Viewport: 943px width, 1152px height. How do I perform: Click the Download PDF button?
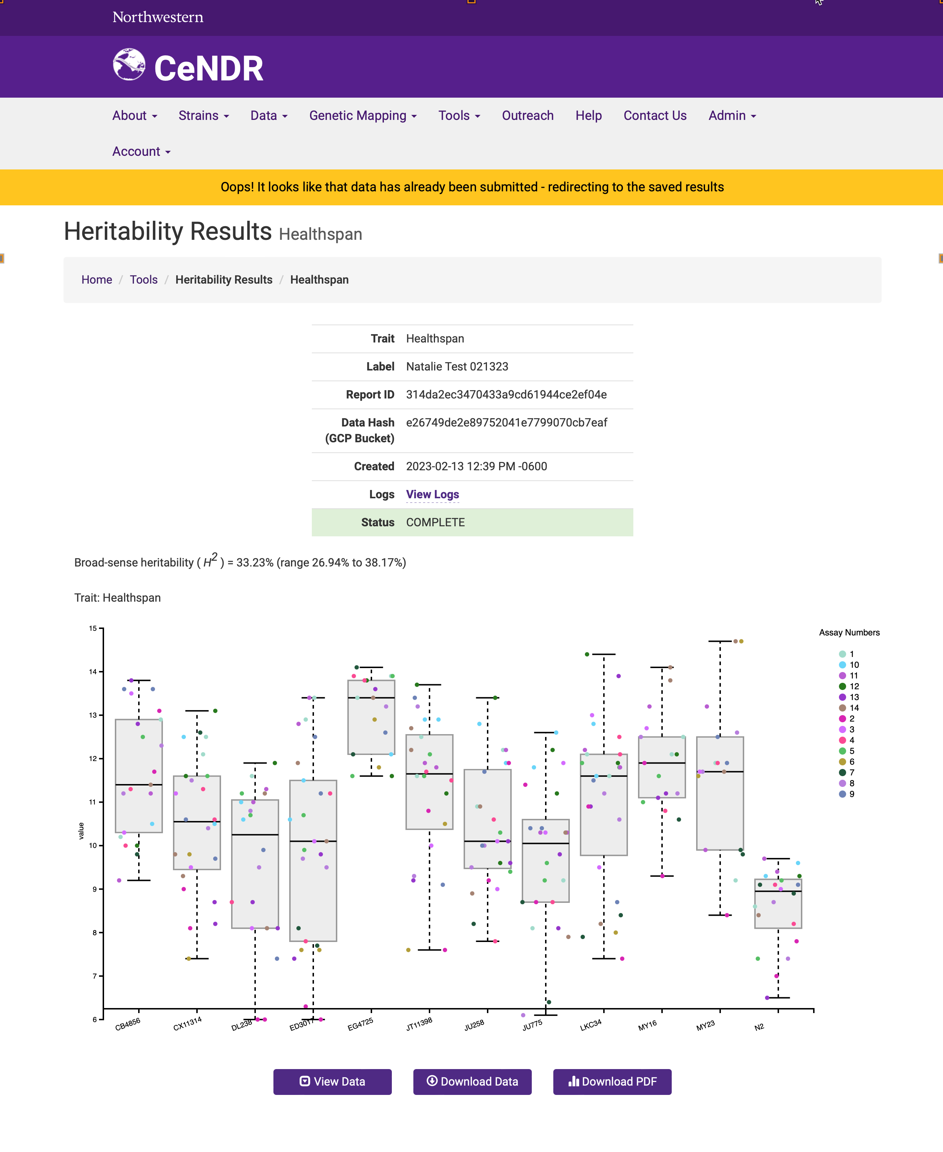(612, 1081)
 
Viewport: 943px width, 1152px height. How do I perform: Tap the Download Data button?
(472, 1081)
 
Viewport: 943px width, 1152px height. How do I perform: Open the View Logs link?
(432, 494)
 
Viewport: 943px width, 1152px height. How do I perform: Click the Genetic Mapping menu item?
(363, 116)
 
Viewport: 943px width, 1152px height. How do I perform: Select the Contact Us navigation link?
(655, 116)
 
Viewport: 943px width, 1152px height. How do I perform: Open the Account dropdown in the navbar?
(141, 151)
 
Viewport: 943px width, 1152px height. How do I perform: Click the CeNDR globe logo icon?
(129, 65)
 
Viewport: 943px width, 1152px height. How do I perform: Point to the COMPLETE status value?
(435, 522)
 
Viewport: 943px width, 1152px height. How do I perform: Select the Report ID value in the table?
(506, 395)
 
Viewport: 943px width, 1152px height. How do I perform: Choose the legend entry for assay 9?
(847, 794)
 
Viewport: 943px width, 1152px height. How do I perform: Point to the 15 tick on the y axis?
(93, 628)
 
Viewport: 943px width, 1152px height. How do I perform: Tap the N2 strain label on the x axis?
(759, 1026)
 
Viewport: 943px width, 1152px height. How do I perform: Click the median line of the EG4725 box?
(371, 698)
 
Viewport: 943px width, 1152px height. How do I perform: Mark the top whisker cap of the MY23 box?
(720, 641)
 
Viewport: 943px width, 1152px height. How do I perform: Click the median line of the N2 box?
(778, 891)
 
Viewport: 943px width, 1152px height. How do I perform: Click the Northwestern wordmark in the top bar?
(158, 17)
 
